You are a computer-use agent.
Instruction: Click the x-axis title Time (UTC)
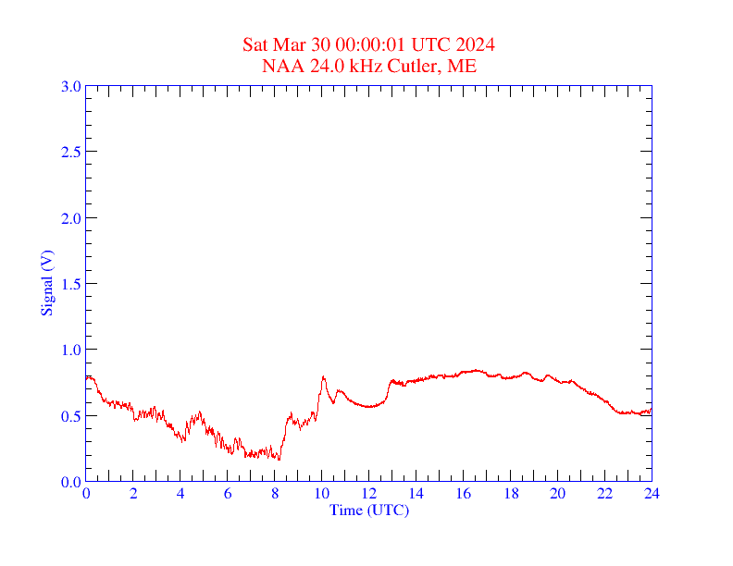click(x=368, y=510)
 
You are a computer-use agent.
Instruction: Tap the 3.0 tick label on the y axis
click(x=70, y=86)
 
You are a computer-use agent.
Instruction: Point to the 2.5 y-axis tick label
click(x=70, y=152)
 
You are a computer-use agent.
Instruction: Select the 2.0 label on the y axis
click(x=70, y=218)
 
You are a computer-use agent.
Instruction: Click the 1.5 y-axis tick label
click(x=70, y=284)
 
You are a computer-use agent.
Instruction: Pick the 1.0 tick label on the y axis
click(x=70, y=350)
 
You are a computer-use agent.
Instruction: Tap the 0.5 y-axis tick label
click(x=70, y=416)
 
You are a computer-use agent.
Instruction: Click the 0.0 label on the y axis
click(x=70, y=482)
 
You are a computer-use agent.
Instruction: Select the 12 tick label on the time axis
click(x=368, y=494)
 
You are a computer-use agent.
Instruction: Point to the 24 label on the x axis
click(x=652, y=494)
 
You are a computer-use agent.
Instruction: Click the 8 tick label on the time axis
click(x=275, y=494)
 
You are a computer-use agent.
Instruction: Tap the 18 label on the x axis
click(x=510, y=494)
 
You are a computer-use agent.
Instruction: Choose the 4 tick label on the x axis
click(x=180, y=494)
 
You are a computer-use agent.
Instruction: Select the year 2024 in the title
click(x=475, y=44)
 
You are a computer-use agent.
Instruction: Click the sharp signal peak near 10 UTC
click(x=323, y=377)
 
